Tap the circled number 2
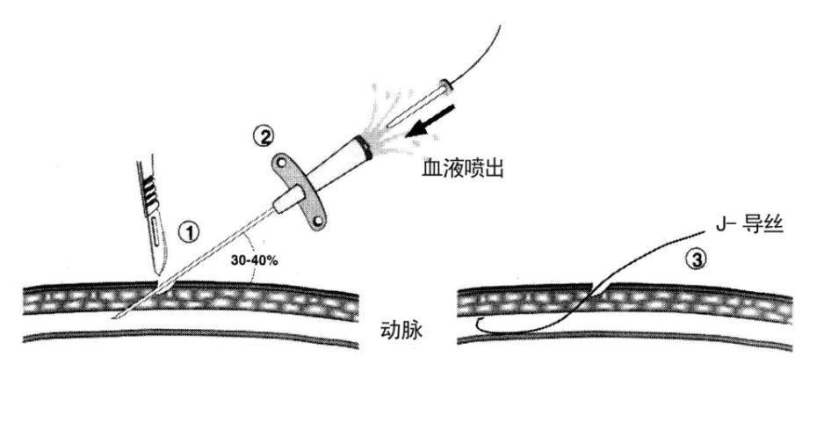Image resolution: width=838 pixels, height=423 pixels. tap(264, 136)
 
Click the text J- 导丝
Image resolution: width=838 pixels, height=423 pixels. tap(744, 226)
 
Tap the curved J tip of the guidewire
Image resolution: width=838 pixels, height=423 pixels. tap(478, 326)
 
